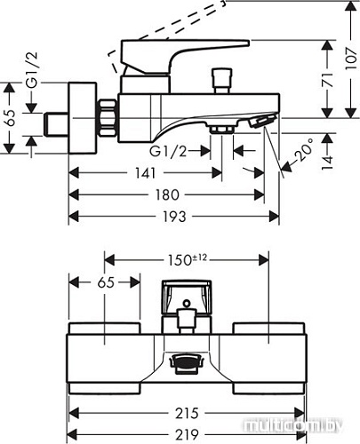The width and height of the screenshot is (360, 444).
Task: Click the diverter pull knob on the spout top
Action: [215, 85]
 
